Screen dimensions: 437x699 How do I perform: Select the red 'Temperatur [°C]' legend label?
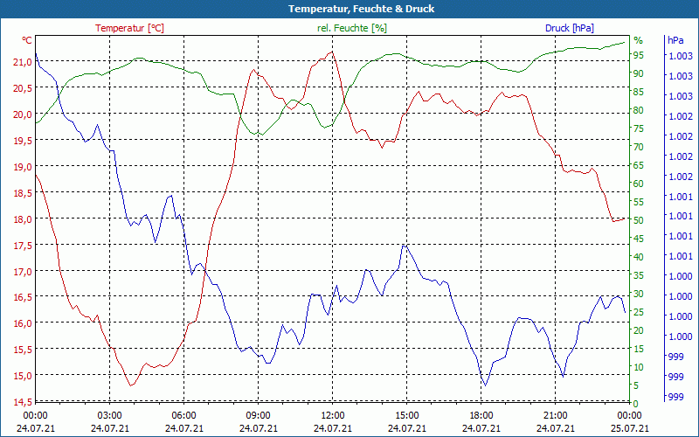(x=129, y=28)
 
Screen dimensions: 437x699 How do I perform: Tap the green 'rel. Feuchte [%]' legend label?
(x=351, y=28)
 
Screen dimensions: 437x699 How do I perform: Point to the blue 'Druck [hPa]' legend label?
(x=569, y=28)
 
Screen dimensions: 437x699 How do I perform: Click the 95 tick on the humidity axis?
(x=639, y=55)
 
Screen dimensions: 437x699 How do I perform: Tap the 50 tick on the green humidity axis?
(x=639, y=220)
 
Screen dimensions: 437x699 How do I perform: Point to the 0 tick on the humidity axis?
(x=636, y=403)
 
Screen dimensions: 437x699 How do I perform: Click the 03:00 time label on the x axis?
(x=109, y=416)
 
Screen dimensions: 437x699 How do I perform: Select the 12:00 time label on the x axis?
(x=332, y=416)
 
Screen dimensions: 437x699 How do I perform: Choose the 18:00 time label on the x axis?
(x=481, y=416)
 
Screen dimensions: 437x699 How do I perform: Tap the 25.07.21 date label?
(x=629, y=428)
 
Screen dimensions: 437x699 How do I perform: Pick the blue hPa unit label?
(x=675, y=40)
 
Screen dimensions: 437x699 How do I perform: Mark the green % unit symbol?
(x=638, y=40)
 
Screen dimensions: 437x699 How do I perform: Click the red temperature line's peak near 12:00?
(x=330, y=52)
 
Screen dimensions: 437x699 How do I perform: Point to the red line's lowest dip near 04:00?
(x=131, y=385)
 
